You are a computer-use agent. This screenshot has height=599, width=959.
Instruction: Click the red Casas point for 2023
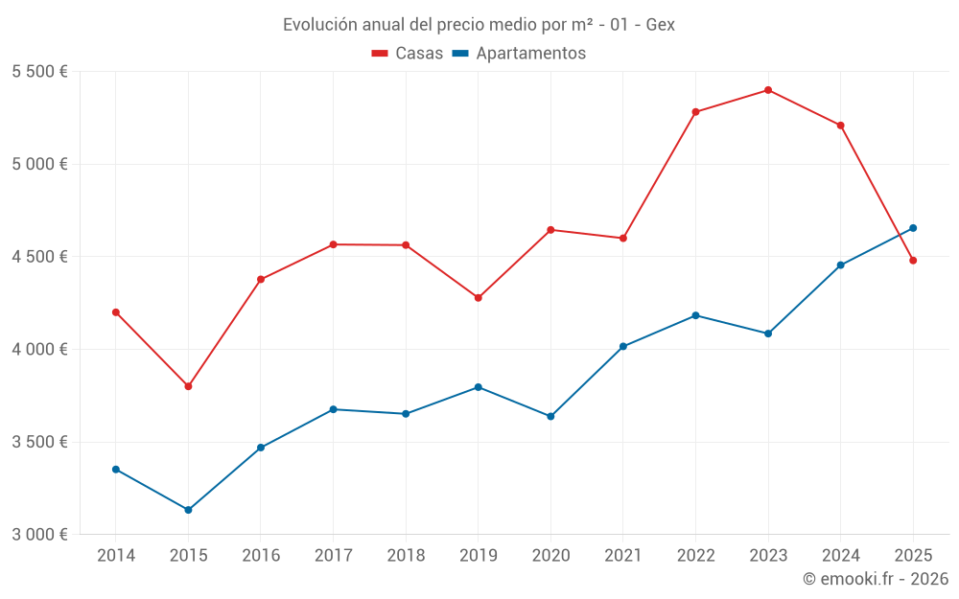coord(768,90)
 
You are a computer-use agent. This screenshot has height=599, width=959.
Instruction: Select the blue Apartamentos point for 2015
coord(188,510)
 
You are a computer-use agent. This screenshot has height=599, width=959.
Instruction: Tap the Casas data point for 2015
coord(188,386)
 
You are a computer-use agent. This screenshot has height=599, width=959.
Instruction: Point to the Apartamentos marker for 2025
coord(913,228)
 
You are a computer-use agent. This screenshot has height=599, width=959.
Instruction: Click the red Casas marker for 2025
coord(913,261)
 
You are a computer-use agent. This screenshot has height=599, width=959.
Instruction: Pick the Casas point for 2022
coord(695,112)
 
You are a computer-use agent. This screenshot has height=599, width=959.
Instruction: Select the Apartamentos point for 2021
coord(623,346)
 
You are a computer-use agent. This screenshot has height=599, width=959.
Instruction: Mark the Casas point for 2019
coord(478,298)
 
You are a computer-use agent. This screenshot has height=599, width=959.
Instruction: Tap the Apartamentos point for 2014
coord(116,470)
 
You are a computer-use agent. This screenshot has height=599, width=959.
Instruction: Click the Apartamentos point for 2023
coord(768,334)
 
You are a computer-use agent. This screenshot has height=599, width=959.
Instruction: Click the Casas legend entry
coord(408,54)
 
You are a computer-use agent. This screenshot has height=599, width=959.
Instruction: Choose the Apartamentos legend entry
coord(519,54)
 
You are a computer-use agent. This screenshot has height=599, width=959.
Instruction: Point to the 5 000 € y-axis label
coord(39,164)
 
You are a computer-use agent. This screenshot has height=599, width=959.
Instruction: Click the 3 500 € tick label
coord(39,442)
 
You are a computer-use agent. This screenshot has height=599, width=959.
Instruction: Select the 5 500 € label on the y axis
coord(39,72)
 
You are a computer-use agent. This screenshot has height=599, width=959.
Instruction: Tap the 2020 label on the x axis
coord(550,556)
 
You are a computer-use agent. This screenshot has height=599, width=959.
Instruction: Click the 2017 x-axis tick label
coord(333,556)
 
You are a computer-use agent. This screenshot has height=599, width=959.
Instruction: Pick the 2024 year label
coord(840,556)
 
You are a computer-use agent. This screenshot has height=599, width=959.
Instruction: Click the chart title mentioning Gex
coord(479,25)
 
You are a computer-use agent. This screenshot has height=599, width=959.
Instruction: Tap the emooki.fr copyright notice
coord(876,579)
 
